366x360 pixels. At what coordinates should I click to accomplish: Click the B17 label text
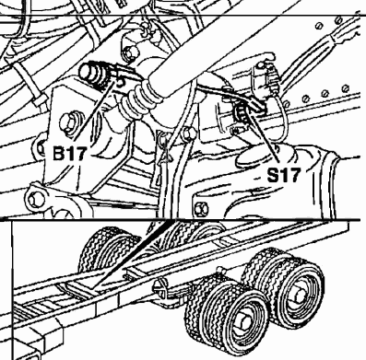[69, 153]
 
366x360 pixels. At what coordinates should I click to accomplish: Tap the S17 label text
[283, 175]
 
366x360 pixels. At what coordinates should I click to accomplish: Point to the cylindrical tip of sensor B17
[87, 71]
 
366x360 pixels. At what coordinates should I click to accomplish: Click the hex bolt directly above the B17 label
[67, 122]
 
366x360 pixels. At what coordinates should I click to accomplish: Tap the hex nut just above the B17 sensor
[131, 52]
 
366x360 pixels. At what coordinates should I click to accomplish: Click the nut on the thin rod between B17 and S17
[188, 134]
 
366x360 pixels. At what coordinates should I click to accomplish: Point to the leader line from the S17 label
[263, 137]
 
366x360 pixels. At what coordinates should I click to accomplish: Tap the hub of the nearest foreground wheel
[242, 323]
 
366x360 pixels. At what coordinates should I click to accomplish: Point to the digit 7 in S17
[293, 175]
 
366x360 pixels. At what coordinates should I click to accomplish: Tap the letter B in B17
[58, 153]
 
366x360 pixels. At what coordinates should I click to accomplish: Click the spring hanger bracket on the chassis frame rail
[160, 288]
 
